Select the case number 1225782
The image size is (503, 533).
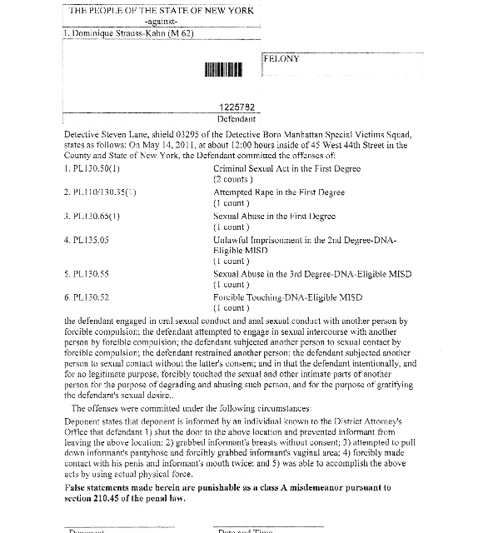(x=237, y=107)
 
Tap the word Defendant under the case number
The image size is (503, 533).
(x=237, y=118)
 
